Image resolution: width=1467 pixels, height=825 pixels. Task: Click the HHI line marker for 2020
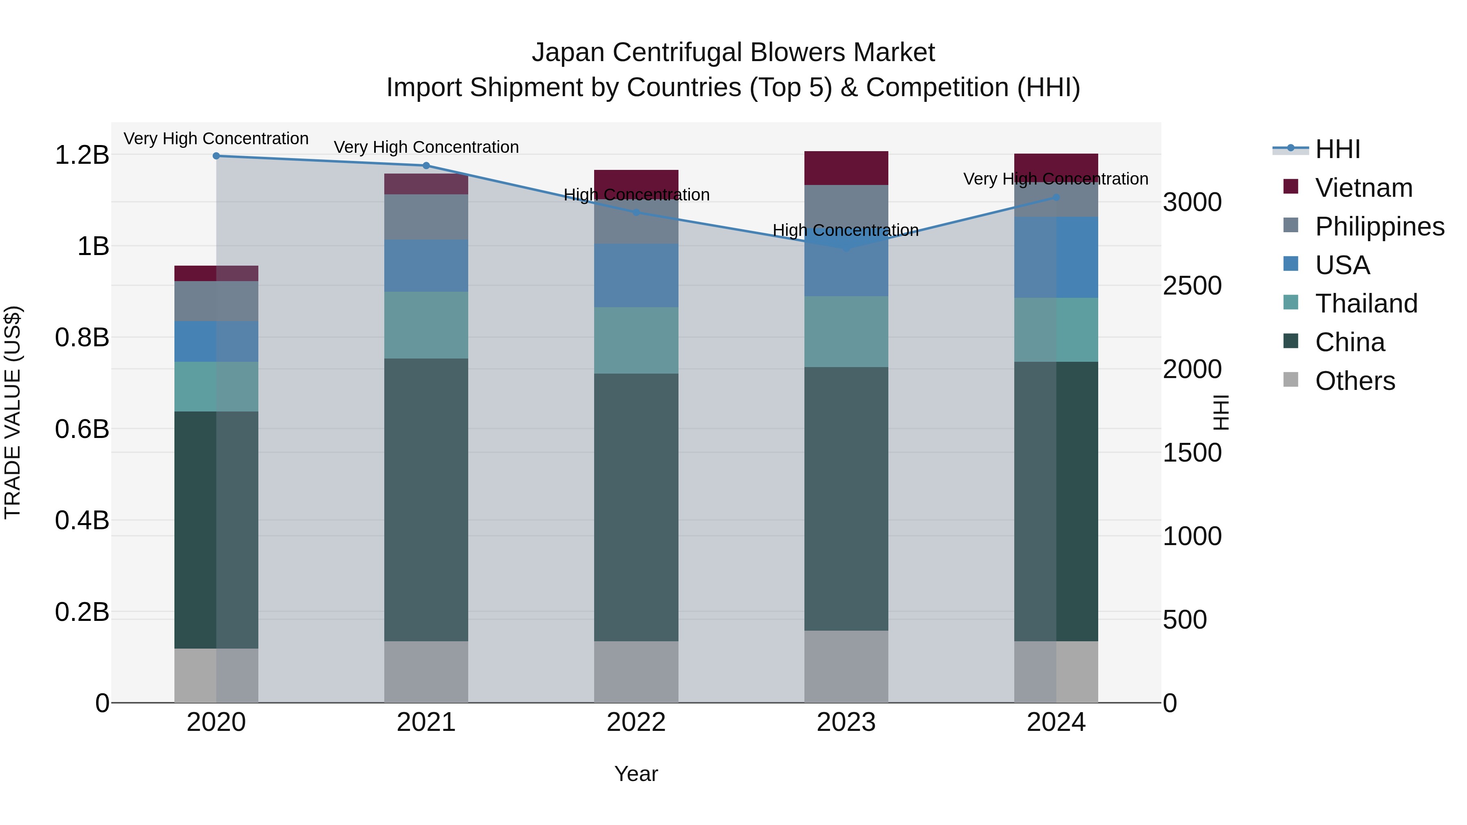[216, 156]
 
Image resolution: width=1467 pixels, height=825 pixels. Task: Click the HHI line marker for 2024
[1056, 198]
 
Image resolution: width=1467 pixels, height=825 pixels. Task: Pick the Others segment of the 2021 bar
[426, 672]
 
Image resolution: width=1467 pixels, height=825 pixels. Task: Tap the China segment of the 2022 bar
[636, 507]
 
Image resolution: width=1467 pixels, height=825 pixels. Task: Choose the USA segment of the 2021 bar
[426, 266]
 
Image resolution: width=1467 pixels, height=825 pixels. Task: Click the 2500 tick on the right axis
[1192, 286]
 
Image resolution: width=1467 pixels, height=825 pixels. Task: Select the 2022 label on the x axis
[636, 722]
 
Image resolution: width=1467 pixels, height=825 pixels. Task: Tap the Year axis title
[636, 774]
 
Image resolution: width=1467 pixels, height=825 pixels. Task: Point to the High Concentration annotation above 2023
[846, 231]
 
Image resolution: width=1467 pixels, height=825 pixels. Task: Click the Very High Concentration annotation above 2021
[426, 147]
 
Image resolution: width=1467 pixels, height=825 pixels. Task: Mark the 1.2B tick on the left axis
[82, 155]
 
